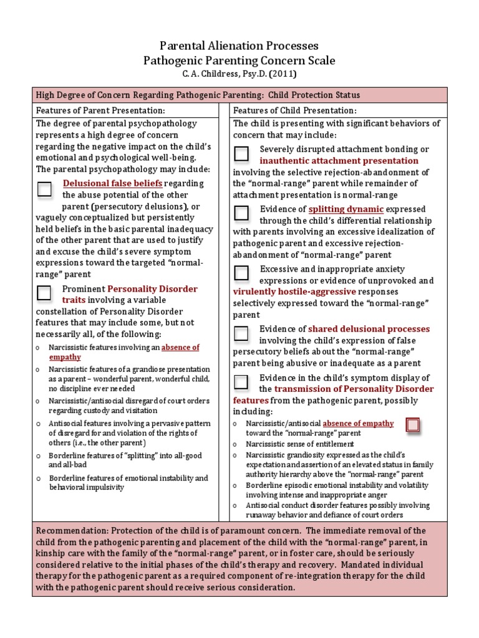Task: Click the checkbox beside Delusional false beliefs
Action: (44, 189)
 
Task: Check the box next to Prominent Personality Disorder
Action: (44, 292)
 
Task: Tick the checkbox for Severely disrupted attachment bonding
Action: (241, 153)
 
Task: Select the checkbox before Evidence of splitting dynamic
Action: (241, 213)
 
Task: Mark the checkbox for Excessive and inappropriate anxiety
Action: (241, 273)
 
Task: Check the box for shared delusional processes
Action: (241, 333)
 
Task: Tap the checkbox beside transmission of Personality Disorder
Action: (241, 382)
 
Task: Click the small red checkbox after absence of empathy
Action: (412, 425)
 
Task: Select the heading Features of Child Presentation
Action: (286, 110)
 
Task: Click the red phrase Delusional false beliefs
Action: (112, 183)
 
